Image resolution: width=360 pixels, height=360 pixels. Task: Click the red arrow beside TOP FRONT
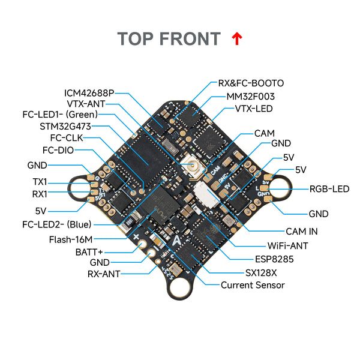[237, 39]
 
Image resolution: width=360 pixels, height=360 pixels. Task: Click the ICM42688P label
[89, 93]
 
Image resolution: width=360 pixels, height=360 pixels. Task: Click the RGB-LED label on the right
[329, 188]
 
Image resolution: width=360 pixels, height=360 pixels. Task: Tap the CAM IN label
[302, 231]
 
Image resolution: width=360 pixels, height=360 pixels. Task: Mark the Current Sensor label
[253, 285]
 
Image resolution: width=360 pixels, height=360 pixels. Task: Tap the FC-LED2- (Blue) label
[59, 225]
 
